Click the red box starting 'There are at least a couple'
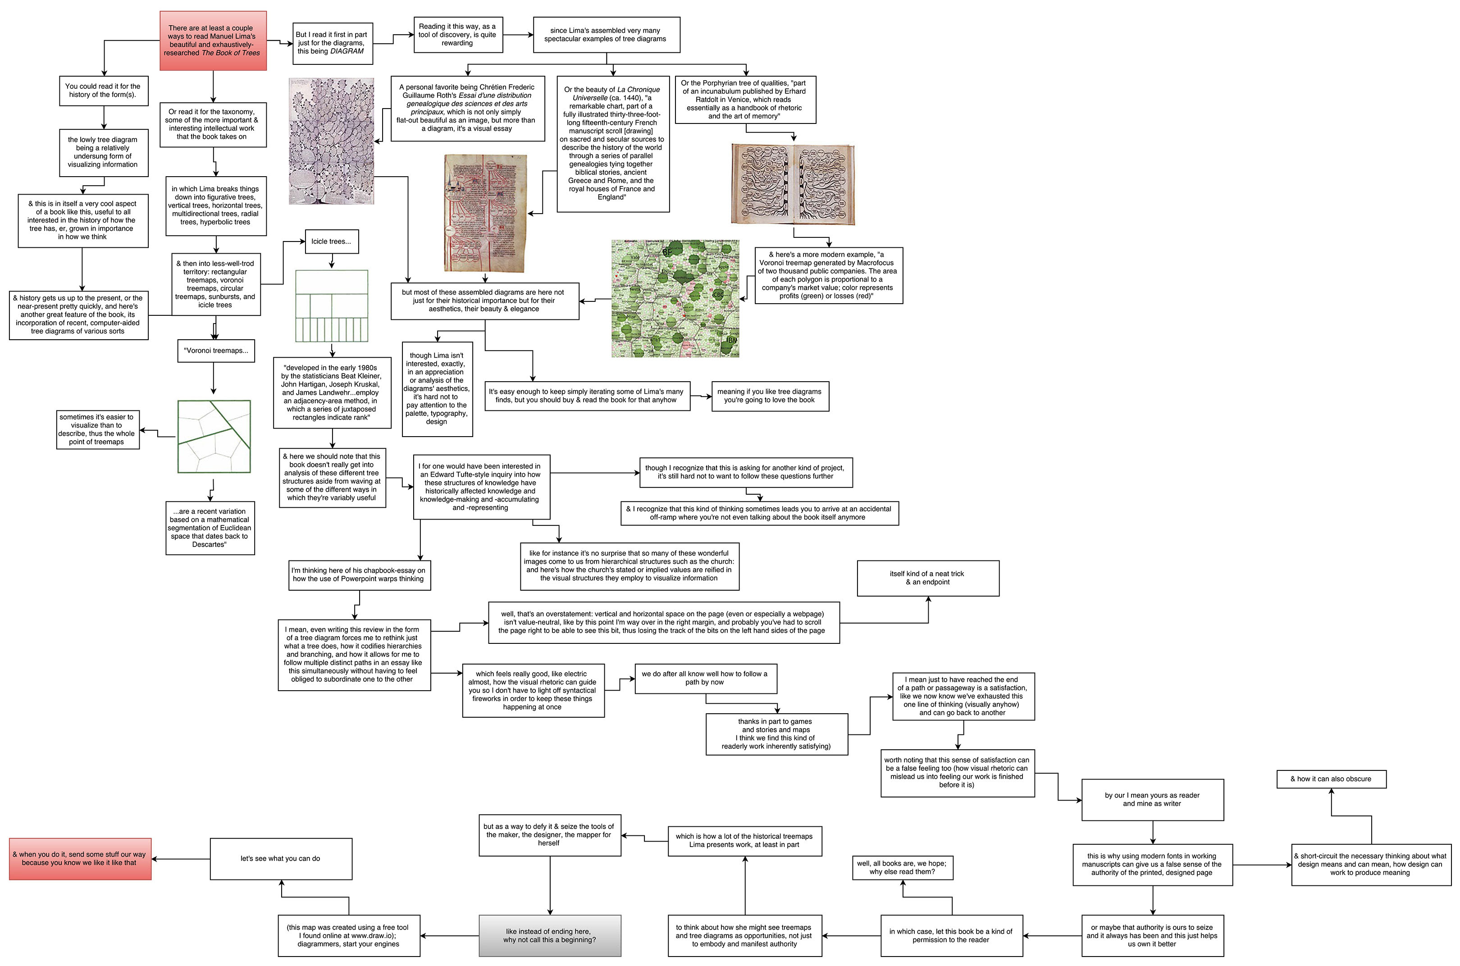coord(213,41)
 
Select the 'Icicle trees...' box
coord(331,241)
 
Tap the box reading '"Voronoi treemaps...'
coord(215,351)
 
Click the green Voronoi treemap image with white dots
coord(675,299)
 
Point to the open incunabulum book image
coord(793,184)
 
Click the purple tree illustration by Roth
coord(331,141)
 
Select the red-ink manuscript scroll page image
coord(485,213)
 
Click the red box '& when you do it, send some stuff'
coord(80,858)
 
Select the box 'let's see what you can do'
coord(281,858)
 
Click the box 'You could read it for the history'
coord(104,91)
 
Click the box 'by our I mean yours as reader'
coord(1152,800)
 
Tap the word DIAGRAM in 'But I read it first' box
coord(347,51)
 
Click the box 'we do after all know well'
coord(705,678)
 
